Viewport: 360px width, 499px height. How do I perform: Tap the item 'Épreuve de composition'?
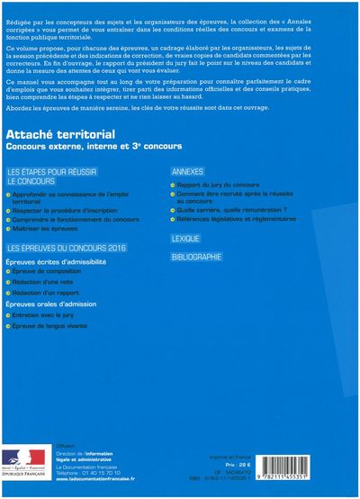pyautogui.click(x=72, y=271)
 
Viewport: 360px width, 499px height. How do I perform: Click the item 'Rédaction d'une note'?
pyautogui.click(x=68, y=283)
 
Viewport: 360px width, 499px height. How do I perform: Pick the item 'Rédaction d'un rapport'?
pyautogui.click(x=71, y=295)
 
